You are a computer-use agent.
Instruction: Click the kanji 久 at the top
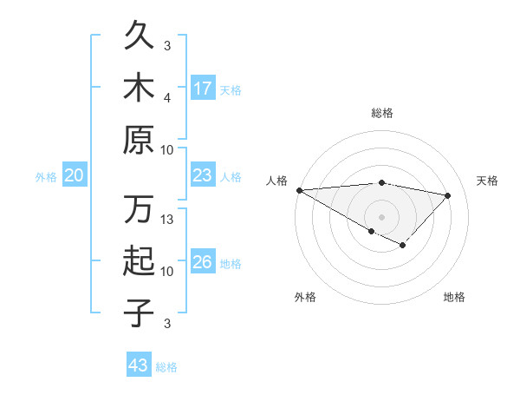[139, 37]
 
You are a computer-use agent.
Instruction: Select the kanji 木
[139, 88]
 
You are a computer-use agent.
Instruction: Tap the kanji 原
[139, 139]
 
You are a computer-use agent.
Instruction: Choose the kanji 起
[139, 261]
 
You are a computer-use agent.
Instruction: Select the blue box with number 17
[203, 89]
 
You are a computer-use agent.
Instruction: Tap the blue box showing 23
[203, 176]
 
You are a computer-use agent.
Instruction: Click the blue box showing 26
[203, 262]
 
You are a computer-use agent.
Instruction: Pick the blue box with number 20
[74, 176]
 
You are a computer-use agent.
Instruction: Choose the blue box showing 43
[139, 365]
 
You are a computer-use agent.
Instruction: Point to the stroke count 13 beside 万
[168, 220]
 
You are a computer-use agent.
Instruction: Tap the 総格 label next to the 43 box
[167, 367]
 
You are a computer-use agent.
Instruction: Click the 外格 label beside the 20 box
[46, 177]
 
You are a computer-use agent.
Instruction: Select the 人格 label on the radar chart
[277, 181]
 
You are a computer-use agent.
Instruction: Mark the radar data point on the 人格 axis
[299, 190]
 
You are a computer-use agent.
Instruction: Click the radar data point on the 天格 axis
[448, 195]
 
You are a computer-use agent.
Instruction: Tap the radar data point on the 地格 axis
[403, 246]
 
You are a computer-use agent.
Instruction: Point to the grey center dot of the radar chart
[381, 215]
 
